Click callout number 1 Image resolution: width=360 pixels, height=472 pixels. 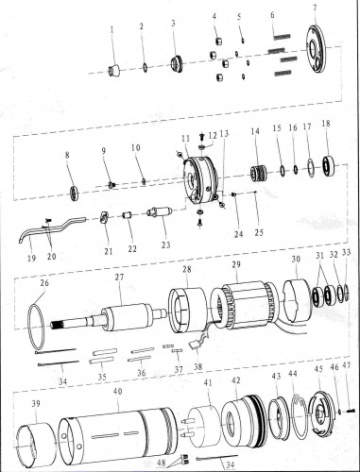pos(111,29)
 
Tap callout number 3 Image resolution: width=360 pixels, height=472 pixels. pos(173,22)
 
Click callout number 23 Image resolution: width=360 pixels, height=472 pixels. pos(165,244)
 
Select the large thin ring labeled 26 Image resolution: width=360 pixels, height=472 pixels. pos(43,323)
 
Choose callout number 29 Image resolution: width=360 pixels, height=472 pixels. pos(236,263)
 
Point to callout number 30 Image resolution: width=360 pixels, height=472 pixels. pos(296,259)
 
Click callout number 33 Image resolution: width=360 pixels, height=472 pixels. pos(347,253)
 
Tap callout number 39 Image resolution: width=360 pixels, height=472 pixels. pos(36,402)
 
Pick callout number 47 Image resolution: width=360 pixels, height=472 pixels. pos(348,364)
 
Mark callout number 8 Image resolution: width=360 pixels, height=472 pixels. pos(67,154)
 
